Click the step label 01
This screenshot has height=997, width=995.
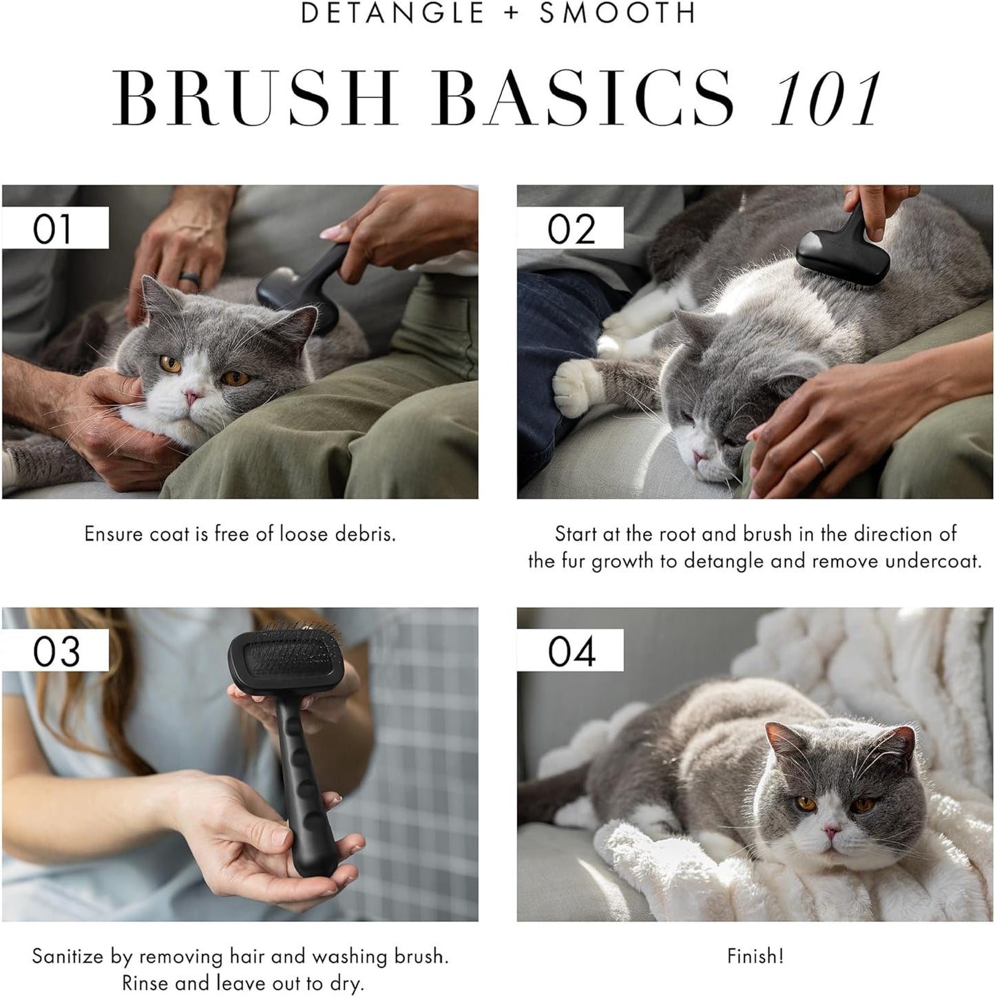(53, 229)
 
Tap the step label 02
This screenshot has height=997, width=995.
(571, 229)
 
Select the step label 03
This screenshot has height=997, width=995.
(56, 651)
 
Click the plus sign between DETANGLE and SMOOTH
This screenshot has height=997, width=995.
(512, 14)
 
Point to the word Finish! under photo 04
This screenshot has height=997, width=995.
(755, 956)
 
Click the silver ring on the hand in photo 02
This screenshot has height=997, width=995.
(815, 457)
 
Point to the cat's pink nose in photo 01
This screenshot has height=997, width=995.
(192, 396)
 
